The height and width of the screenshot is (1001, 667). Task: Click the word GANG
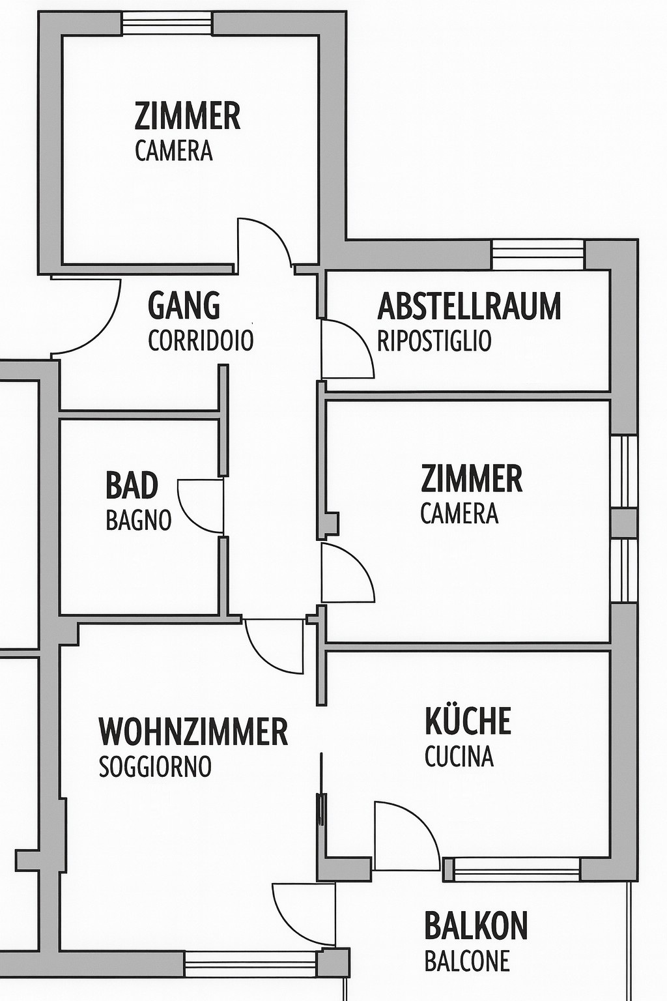pos(184,305)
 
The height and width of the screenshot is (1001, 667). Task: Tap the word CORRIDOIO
pos(201,341)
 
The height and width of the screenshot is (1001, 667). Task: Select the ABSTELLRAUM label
pos(469,306)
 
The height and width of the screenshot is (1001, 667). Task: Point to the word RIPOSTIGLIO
pos(434,341)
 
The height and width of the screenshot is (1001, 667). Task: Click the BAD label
pos(132,486)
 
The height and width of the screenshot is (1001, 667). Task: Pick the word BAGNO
pos(139,520)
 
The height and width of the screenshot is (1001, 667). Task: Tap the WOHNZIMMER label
pos(193,732)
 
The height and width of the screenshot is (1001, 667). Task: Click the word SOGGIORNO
pos(155,766)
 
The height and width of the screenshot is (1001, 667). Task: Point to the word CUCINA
pos(459,757)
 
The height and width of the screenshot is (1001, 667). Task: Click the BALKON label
pos(475,925)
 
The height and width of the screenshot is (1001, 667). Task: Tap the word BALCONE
pos(467,961)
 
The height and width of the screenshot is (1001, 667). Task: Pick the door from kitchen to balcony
pos(404,836)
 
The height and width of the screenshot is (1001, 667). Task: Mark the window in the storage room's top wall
pos(538,254)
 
